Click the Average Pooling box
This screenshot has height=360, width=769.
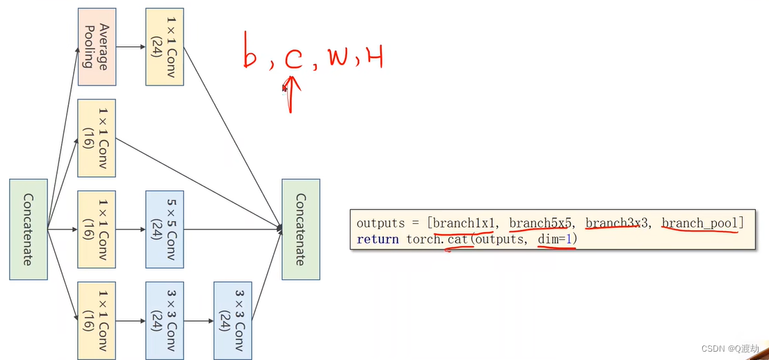click(96, 47)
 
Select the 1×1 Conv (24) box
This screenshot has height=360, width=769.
click(164, 47)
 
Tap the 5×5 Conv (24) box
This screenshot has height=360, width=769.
click(164, 229)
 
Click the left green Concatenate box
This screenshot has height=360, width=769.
click(28, 229)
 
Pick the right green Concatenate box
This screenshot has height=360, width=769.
click(300, 229)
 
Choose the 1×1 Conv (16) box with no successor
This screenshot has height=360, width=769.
click(96, 138)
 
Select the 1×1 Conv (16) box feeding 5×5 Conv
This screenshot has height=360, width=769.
click(96, 229)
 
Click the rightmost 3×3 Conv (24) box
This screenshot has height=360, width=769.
click(232, 320)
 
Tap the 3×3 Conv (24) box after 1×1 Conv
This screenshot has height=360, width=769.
click(164, 320)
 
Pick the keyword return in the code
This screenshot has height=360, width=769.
click(378, 240)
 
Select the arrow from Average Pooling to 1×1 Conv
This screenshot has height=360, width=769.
click(130, 47)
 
